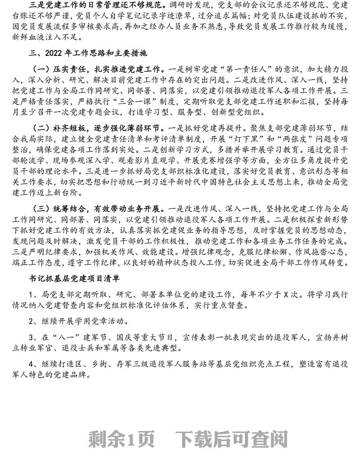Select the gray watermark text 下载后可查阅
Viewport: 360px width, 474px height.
(232, 437)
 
